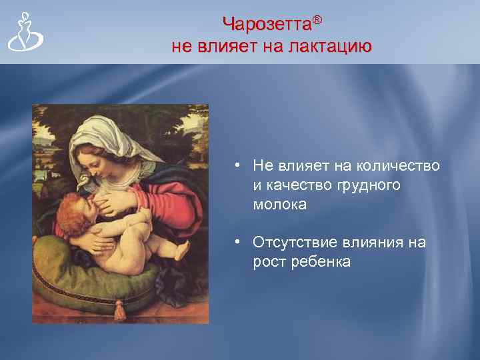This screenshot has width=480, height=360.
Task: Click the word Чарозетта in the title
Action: pyautogui.click(x=266, y=25)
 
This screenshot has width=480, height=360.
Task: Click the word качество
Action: pyautogui.click(x=297, y=185)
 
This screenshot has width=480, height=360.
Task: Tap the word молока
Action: pyautogui.click(x=279, y=205)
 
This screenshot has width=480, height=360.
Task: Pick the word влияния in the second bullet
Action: pyautogui.click(x=377, y=242)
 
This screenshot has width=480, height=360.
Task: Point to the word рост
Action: pyautogui.click(x=269, y=262)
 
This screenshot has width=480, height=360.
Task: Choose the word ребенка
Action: pyautogui.click(x=321, y=262)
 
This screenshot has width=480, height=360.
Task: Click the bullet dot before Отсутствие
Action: pyautogui.click(x=237, y=243)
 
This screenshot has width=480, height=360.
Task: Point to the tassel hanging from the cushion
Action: pyautogui.click(x=120, y=308)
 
